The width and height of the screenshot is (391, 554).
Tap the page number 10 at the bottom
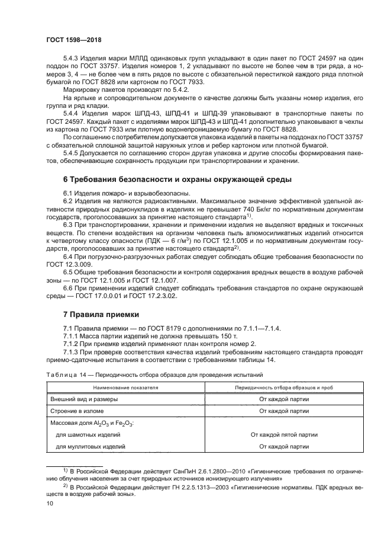pyautogui.click(x=50, y=503)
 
